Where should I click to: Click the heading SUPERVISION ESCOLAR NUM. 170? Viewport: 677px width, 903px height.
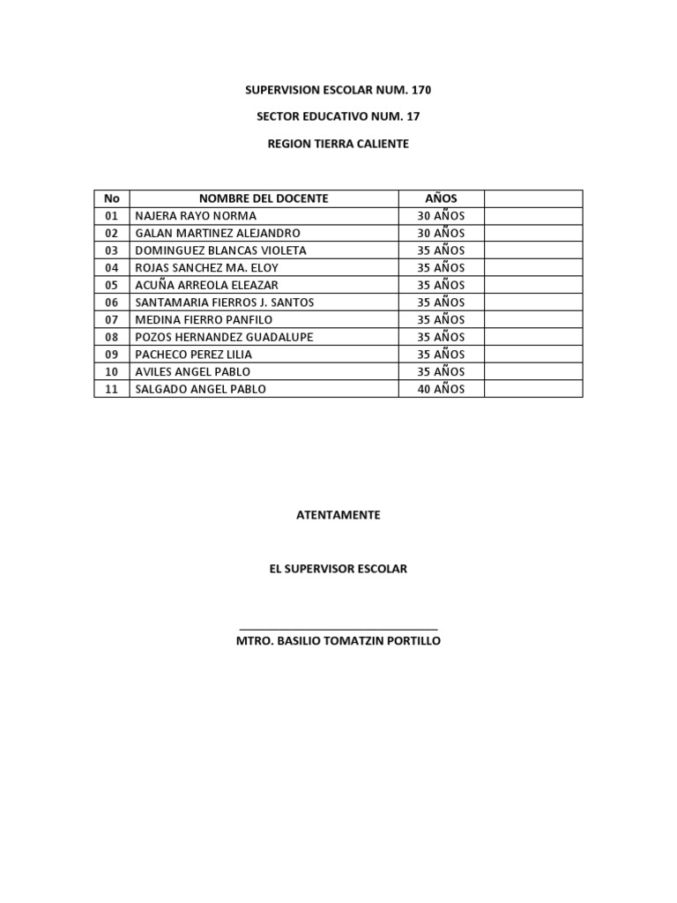(x=338, y=90)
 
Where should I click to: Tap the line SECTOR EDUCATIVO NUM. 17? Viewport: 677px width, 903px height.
(x=338, y=116)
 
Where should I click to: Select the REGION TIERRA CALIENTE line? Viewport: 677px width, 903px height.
(x=338, y=143)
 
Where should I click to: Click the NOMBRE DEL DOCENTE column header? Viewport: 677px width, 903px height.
(x=264, y=198)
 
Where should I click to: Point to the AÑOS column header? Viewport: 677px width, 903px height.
(x=441, y=198)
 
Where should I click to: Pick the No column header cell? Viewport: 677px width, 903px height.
(x=111, y=198)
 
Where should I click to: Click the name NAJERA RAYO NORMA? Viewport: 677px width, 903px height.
(x=196, y=216)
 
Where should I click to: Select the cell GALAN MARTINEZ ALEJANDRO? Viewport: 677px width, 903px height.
(x=218, y=233)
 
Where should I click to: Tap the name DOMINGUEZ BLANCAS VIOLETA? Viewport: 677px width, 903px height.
(x=220, y=250)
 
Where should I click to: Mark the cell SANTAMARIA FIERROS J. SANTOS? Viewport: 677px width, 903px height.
(x=225, y=302)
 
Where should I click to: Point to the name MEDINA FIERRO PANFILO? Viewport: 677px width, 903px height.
(x=204, y=319)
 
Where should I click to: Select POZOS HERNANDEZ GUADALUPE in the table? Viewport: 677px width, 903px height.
(x=224, y=337)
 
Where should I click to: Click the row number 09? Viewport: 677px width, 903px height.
(x=111, y=354)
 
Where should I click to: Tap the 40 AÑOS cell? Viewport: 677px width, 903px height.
(x=441, y=389)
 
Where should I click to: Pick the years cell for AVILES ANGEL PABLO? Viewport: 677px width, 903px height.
(x=441, y=371)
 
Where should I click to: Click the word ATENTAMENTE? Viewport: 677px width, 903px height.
(x=338, y=515)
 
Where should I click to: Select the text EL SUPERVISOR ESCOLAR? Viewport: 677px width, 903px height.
(x=338, y=569)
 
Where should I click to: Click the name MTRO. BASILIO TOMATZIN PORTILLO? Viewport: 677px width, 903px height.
(x=338, y=641)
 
